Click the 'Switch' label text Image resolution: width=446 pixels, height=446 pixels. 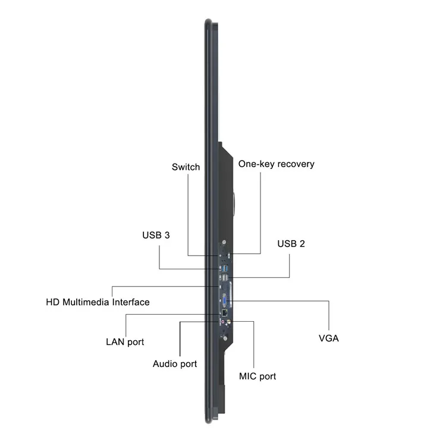click(186, 167)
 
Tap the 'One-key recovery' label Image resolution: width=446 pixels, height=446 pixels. click(276, 164)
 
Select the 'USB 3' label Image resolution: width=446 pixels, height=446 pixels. click(156, 235)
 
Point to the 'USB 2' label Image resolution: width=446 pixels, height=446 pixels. click(291, 244)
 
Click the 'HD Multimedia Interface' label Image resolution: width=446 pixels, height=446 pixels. click(98, 302)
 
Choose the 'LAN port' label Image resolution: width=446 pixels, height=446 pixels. click(125, 342)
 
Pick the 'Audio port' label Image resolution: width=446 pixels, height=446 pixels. click(175, 363)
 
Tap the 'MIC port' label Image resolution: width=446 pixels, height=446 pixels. click(257, 376)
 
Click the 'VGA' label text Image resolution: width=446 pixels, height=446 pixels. click(329, 338)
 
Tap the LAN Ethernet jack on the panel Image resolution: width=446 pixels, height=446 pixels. click(223, 312)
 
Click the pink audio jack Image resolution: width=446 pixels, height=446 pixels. click(222, 322)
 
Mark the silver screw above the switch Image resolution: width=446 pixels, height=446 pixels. click(224, 243)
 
